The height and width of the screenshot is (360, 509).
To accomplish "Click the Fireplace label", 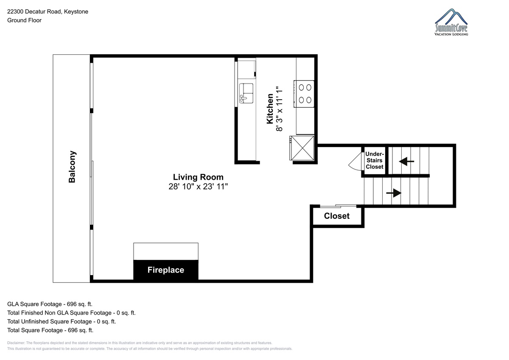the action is [166, 270].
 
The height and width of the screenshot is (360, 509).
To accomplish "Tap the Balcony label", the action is [72, 167].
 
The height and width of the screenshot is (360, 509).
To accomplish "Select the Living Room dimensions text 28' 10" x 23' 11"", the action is [198, 187].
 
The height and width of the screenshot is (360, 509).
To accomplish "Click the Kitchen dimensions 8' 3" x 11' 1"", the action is [279, 109].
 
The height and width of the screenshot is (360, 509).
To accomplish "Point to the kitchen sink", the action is [246, 93].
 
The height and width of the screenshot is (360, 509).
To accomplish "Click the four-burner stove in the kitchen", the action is [304, 94].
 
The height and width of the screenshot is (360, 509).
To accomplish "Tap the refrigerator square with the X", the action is [302, 148].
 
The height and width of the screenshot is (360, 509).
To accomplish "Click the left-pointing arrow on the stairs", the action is [406, 162].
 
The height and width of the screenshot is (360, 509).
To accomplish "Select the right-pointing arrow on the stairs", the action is [394, 193].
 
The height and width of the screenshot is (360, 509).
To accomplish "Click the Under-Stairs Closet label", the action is [375, 160].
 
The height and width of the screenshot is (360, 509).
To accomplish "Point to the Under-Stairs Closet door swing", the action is [355, 161].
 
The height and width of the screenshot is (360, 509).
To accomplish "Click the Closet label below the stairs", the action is [337, 216].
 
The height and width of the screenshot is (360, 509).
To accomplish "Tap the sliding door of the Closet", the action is [338, 206].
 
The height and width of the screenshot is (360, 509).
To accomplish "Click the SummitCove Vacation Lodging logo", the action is [451, 22].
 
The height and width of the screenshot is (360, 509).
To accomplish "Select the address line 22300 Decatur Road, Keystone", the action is [48, 11].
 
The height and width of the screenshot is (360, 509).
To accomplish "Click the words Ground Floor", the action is [24, 20].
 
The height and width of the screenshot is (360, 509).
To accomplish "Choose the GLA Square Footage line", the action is [50, 304].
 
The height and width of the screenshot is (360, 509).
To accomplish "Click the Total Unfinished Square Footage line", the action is [62, 321].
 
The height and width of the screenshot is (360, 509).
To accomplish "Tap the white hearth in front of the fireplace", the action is [166, 251].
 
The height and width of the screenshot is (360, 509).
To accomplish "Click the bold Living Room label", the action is [198, 177].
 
